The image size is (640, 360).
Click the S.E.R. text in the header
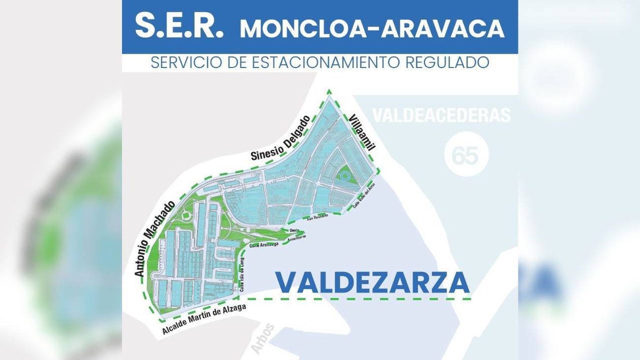[x=179, y=27]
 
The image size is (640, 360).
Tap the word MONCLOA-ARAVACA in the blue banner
[x=372, y=29]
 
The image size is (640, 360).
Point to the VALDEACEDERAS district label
[x=441, y=115]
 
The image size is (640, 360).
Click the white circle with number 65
[x=465, y=156]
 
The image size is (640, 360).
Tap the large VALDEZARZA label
[x=372, y=282]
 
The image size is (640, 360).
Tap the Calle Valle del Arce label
[x=364, y=199]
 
